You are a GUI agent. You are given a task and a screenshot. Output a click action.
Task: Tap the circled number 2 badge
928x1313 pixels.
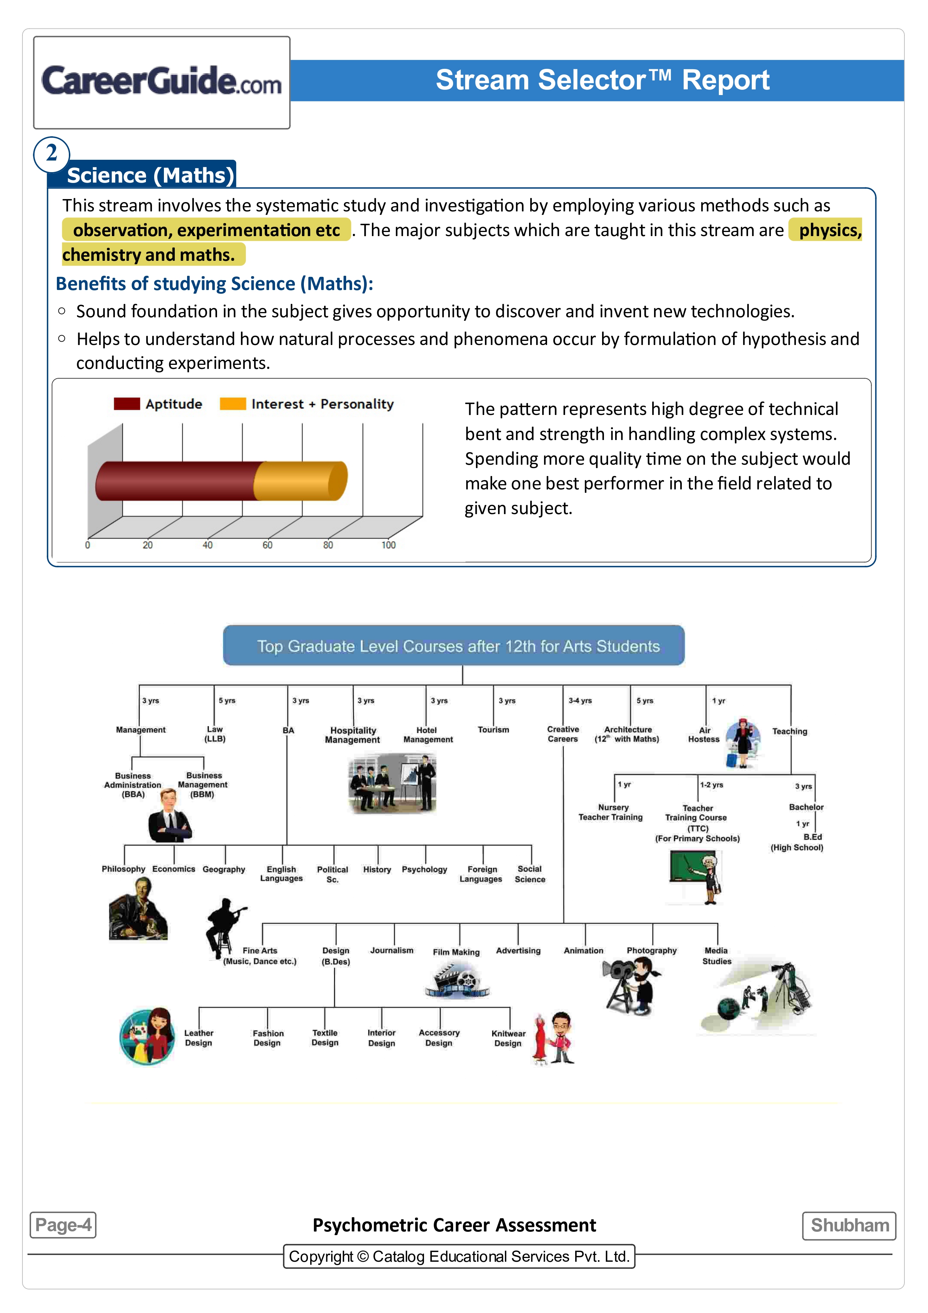[x=52, y=154]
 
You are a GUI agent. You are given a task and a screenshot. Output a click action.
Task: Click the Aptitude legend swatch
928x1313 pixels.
[x=126, y=404]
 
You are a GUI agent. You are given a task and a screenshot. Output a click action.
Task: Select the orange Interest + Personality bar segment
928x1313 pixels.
[x=299, y=481]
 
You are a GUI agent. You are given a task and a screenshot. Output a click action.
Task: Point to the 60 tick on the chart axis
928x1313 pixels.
[x=267, y=545]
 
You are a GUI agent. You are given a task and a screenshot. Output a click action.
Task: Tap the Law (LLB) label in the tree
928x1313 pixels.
[x=215, y=734]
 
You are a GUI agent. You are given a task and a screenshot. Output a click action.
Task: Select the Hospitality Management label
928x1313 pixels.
[x=353, y=735]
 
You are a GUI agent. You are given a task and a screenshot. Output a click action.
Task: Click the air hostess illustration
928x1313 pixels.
[x=743, y=743]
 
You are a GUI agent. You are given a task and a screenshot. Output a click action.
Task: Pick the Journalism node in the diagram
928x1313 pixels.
[x=392, y=950]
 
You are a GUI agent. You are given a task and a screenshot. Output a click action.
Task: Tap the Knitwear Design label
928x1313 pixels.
[x=508, y=1038]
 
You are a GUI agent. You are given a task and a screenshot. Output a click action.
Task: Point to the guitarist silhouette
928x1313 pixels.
[x=225, y=927]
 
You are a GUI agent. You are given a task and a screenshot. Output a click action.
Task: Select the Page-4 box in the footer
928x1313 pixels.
[x=63, y=1225]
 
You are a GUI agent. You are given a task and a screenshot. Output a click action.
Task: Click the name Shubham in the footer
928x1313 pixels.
[x=849, y=1225]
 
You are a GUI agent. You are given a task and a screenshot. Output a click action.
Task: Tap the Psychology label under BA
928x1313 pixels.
[x=424, y=869]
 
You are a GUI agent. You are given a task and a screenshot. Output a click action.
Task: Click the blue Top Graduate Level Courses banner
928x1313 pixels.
[x=454, y=645]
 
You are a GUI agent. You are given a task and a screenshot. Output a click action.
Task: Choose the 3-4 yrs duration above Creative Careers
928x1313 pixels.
[x=580, y=700]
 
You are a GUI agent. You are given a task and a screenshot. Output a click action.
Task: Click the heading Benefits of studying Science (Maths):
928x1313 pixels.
[x=214, y=284]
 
